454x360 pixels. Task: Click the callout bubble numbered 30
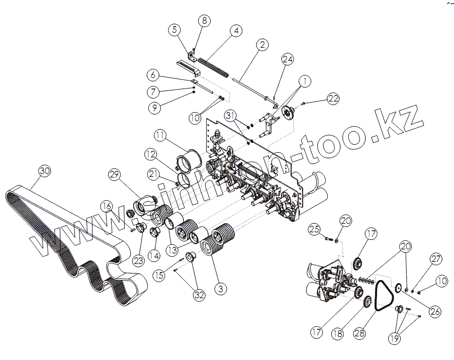point(45,171)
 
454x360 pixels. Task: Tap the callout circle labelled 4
point(235,30)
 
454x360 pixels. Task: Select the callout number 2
point(262,44)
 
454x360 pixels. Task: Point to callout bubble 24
point(287,59)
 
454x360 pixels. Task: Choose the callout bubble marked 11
point(160,136)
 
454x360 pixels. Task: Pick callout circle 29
point(115,175)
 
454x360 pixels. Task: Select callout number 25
point(315,230)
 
